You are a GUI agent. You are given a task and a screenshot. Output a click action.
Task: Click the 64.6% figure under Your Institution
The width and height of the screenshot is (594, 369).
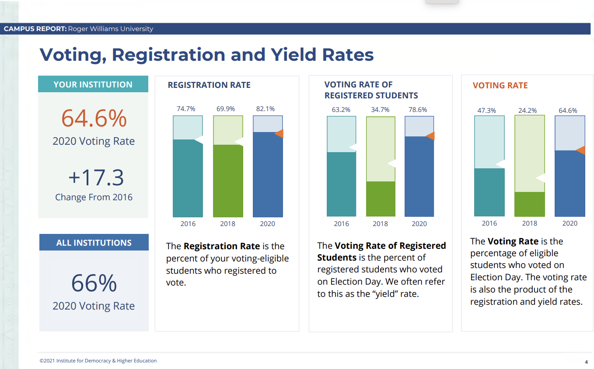click(94, 118)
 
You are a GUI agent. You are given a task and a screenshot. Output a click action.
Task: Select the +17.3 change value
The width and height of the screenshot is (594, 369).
click(96, 178)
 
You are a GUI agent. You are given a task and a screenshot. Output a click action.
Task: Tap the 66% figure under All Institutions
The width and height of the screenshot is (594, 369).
click(94, 283)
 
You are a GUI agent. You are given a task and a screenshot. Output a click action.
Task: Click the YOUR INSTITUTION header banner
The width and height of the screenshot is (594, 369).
click(93, 84)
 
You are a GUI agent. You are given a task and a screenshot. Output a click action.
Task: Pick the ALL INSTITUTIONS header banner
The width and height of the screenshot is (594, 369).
click(94, 243)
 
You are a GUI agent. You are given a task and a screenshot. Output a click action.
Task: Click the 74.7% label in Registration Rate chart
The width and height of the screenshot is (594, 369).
click(186, 109)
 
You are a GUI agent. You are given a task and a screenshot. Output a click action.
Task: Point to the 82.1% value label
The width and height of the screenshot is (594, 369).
click(266, 109)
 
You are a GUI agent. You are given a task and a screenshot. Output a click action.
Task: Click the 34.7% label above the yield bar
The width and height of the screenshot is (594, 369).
click(380, 110)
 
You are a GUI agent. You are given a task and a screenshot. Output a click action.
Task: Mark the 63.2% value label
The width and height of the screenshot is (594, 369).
click(341, 110)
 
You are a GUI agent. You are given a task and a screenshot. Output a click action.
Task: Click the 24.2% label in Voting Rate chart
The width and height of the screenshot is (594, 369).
click(528, 111)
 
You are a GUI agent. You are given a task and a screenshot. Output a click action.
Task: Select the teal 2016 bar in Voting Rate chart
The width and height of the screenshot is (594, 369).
click(489, 192)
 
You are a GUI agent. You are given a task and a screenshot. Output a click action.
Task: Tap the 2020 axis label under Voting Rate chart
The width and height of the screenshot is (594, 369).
click(570, 223)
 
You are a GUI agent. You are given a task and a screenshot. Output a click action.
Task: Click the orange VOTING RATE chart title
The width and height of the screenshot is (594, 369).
click(500, 86)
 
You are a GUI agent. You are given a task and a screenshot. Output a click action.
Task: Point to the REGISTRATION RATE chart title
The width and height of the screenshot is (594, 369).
click(209, 85)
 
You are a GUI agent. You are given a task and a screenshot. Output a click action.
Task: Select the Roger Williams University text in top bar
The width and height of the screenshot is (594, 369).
click(111, 29)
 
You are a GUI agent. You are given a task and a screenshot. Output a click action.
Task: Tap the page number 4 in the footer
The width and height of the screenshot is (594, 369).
click(586, 362)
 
